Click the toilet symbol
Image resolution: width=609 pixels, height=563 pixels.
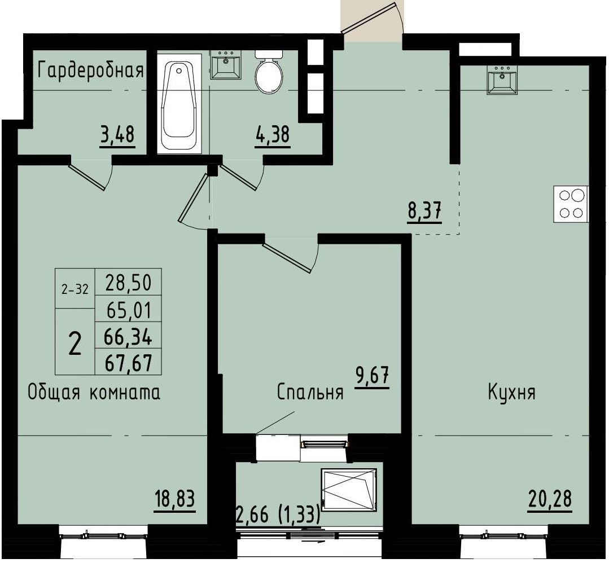pos(268,74)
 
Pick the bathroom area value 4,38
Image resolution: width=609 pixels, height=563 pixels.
pos(273,136)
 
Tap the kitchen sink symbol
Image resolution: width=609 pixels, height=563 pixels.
pos(502,80)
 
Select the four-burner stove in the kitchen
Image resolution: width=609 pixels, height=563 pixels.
pos(571,204)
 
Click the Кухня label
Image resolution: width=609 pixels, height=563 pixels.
pos(511,393)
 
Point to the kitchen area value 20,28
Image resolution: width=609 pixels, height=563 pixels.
pos(550,499)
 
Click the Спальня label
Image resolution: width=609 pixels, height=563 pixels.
pos(310,393)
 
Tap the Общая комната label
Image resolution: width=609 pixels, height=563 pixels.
pos(94,393)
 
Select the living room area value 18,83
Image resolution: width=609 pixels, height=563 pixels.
pos(174,499)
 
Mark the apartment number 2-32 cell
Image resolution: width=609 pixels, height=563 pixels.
pos(75,289)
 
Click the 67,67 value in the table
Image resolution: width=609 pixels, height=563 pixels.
pos(129,362)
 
